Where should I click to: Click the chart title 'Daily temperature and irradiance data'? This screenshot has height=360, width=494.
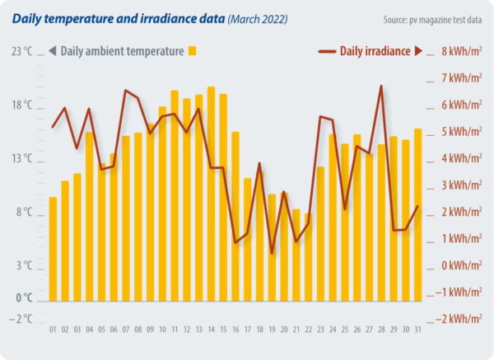click(119, 16)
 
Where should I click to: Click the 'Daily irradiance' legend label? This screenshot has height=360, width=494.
click(375, 51)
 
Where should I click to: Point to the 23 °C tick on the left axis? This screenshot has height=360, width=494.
click(22, 51)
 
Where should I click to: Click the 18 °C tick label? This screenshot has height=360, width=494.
click(22, 105)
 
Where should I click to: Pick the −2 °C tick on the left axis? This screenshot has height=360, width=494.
click(22, 319)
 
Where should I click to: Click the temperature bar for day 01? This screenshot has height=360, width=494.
click(54, 247)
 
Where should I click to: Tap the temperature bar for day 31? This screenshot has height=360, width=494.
click(418, 213)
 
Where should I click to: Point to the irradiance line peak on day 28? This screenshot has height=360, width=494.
click(381, 86)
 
